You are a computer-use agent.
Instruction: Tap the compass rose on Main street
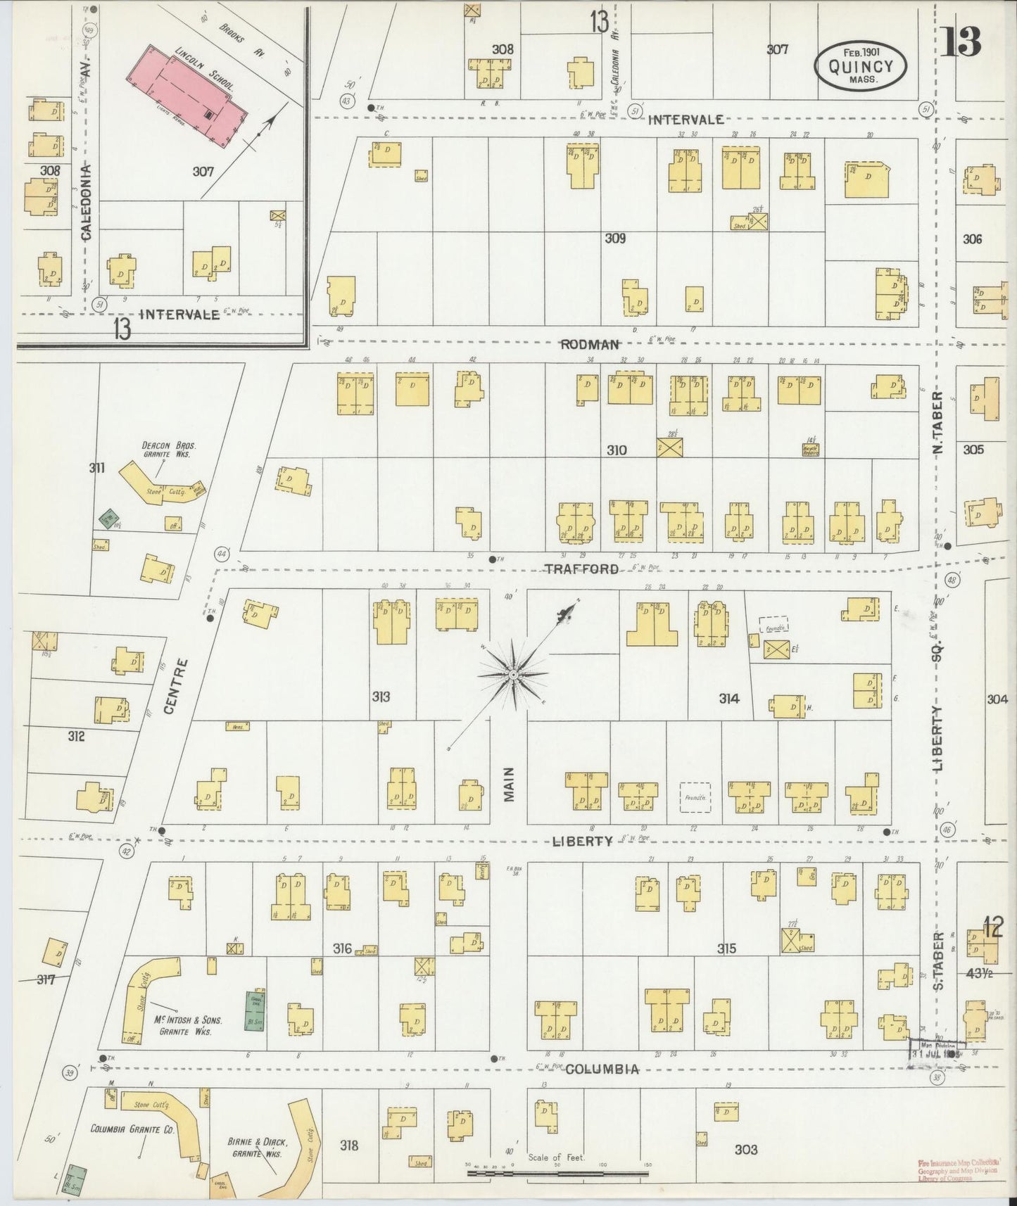[514, 674]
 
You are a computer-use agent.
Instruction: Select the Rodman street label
[590, 344]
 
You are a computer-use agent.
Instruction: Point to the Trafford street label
[581, 569]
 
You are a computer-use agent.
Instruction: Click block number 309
[614, 239]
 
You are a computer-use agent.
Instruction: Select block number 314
[728, 698]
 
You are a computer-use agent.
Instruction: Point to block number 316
[343, 948]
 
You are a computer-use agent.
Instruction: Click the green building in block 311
[107, 519]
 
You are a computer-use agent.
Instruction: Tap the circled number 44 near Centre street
[224, 554]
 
